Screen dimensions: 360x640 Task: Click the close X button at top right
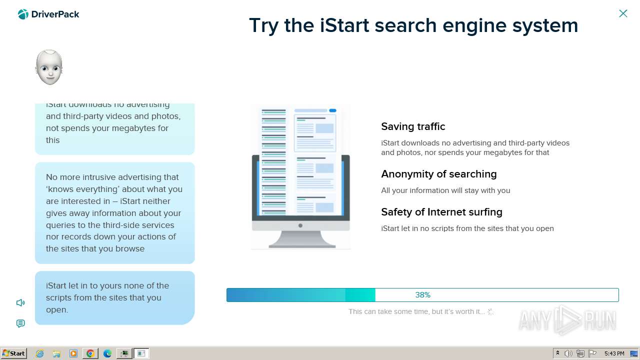[x=623, y=13]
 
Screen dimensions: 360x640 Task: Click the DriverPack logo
[x=48, y=14]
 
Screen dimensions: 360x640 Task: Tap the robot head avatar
[x=49, y=67]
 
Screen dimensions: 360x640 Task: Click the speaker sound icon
[x=20, y=302]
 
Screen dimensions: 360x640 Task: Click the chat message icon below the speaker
[x=20, y=323]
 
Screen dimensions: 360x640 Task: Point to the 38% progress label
[x=422, y=295]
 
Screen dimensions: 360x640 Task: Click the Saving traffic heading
[x=413, y=126]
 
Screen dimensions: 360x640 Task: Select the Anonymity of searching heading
[x=438, y=174]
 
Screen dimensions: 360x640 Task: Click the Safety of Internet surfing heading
[x=441, y=212]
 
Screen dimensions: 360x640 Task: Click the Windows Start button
[x=13, y=353]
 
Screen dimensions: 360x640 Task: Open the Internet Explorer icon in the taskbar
[x=40, y=353]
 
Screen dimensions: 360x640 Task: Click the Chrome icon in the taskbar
[x=90, y=353]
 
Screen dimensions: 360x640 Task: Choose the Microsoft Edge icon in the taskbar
[x=107, y=353]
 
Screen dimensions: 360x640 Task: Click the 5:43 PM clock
[x=614, y=353]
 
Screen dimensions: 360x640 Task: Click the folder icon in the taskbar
[x=56, y=353]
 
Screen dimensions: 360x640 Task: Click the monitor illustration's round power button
[x=300, y=225]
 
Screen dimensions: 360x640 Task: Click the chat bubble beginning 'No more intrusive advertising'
[x=114, y=213]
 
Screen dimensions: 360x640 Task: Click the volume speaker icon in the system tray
[x=568, y=353]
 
